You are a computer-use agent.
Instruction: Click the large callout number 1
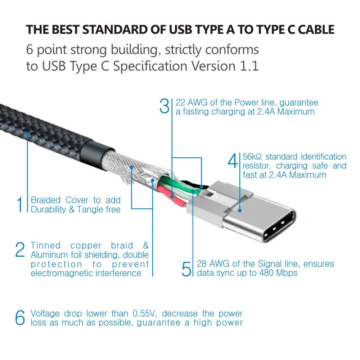(x=20, y=204)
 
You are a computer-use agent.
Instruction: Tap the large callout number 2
(x=20, y=250)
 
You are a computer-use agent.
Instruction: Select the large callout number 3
(x=164, y=107)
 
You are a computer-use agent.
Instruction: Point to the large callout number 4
(x=233, y=161)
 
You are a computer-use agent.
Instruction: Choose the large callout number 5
(x=186, y=269)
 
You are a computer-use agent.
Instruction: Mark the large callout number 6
(x=20, y=318)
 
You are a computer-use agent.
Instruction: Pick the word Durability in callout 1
(x=48, y=209)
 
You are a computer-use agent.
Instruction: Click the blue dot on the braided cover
(x=27, y=134)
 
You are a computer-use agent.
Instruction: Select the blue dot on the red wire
(x=172, y=197)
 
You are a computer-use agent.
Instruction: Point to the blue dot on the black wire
(x=201, y=187)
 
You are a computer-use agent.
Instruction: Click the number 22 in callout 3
(x=181, y=103)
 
